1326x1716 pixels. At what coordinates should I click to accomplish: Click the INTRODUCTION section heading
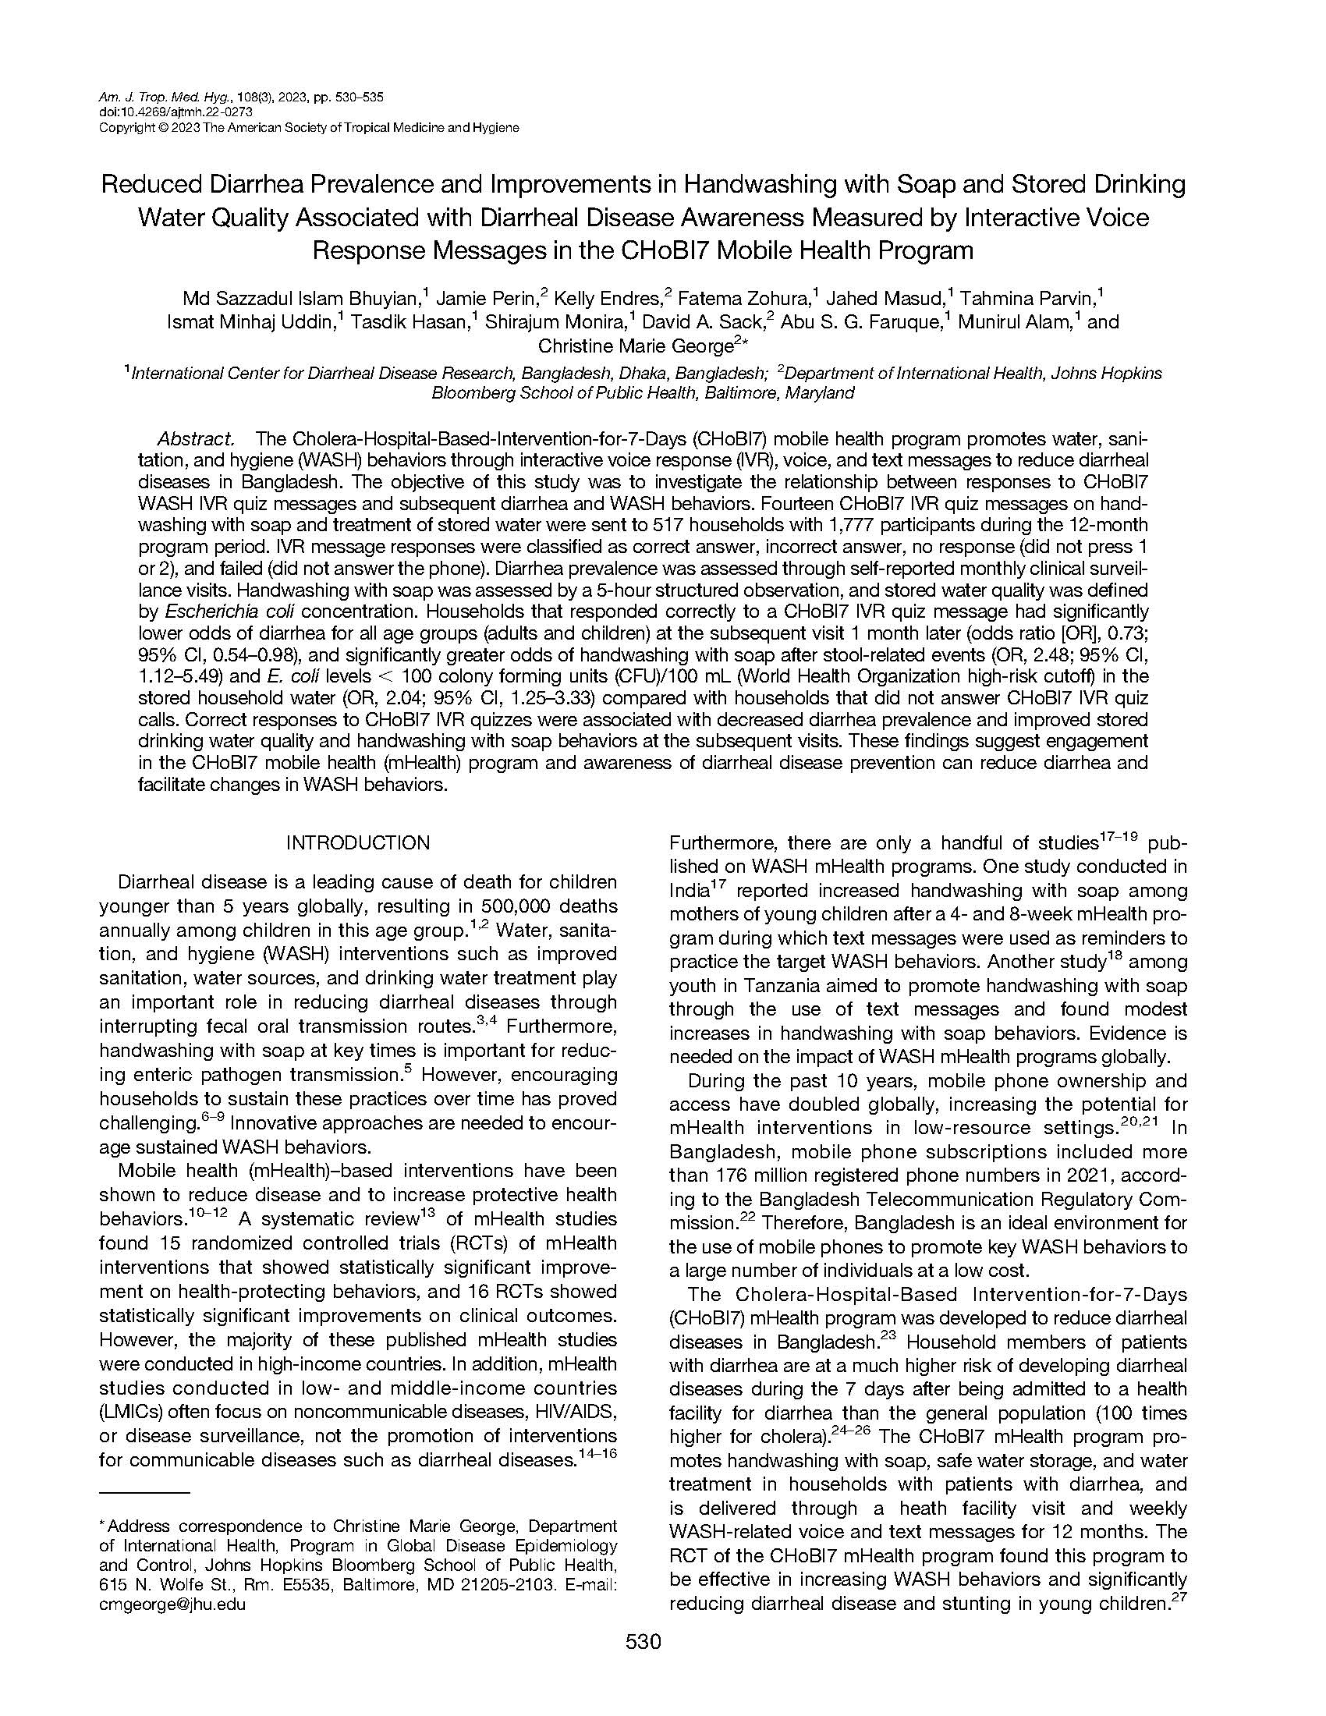pyautogui.click(x=357, y=843)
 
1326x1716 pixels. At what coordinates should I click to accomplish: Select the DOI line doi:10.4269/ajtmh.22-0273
pyautogui.click(x=175, y=112)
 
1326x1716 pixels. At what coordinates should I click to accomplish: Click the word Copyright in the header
pyautogui.click(x=126, y=127)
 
